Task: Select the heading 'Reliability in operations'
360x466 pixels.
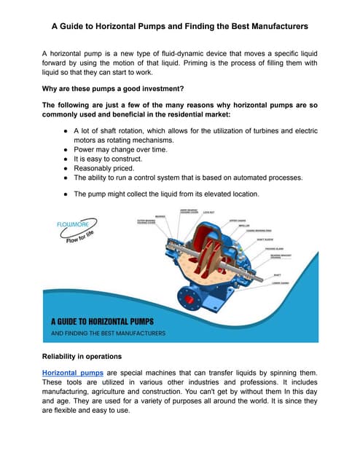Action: point(91,355)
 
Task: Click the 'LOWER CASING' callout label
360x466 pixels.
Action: point(281,283)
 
